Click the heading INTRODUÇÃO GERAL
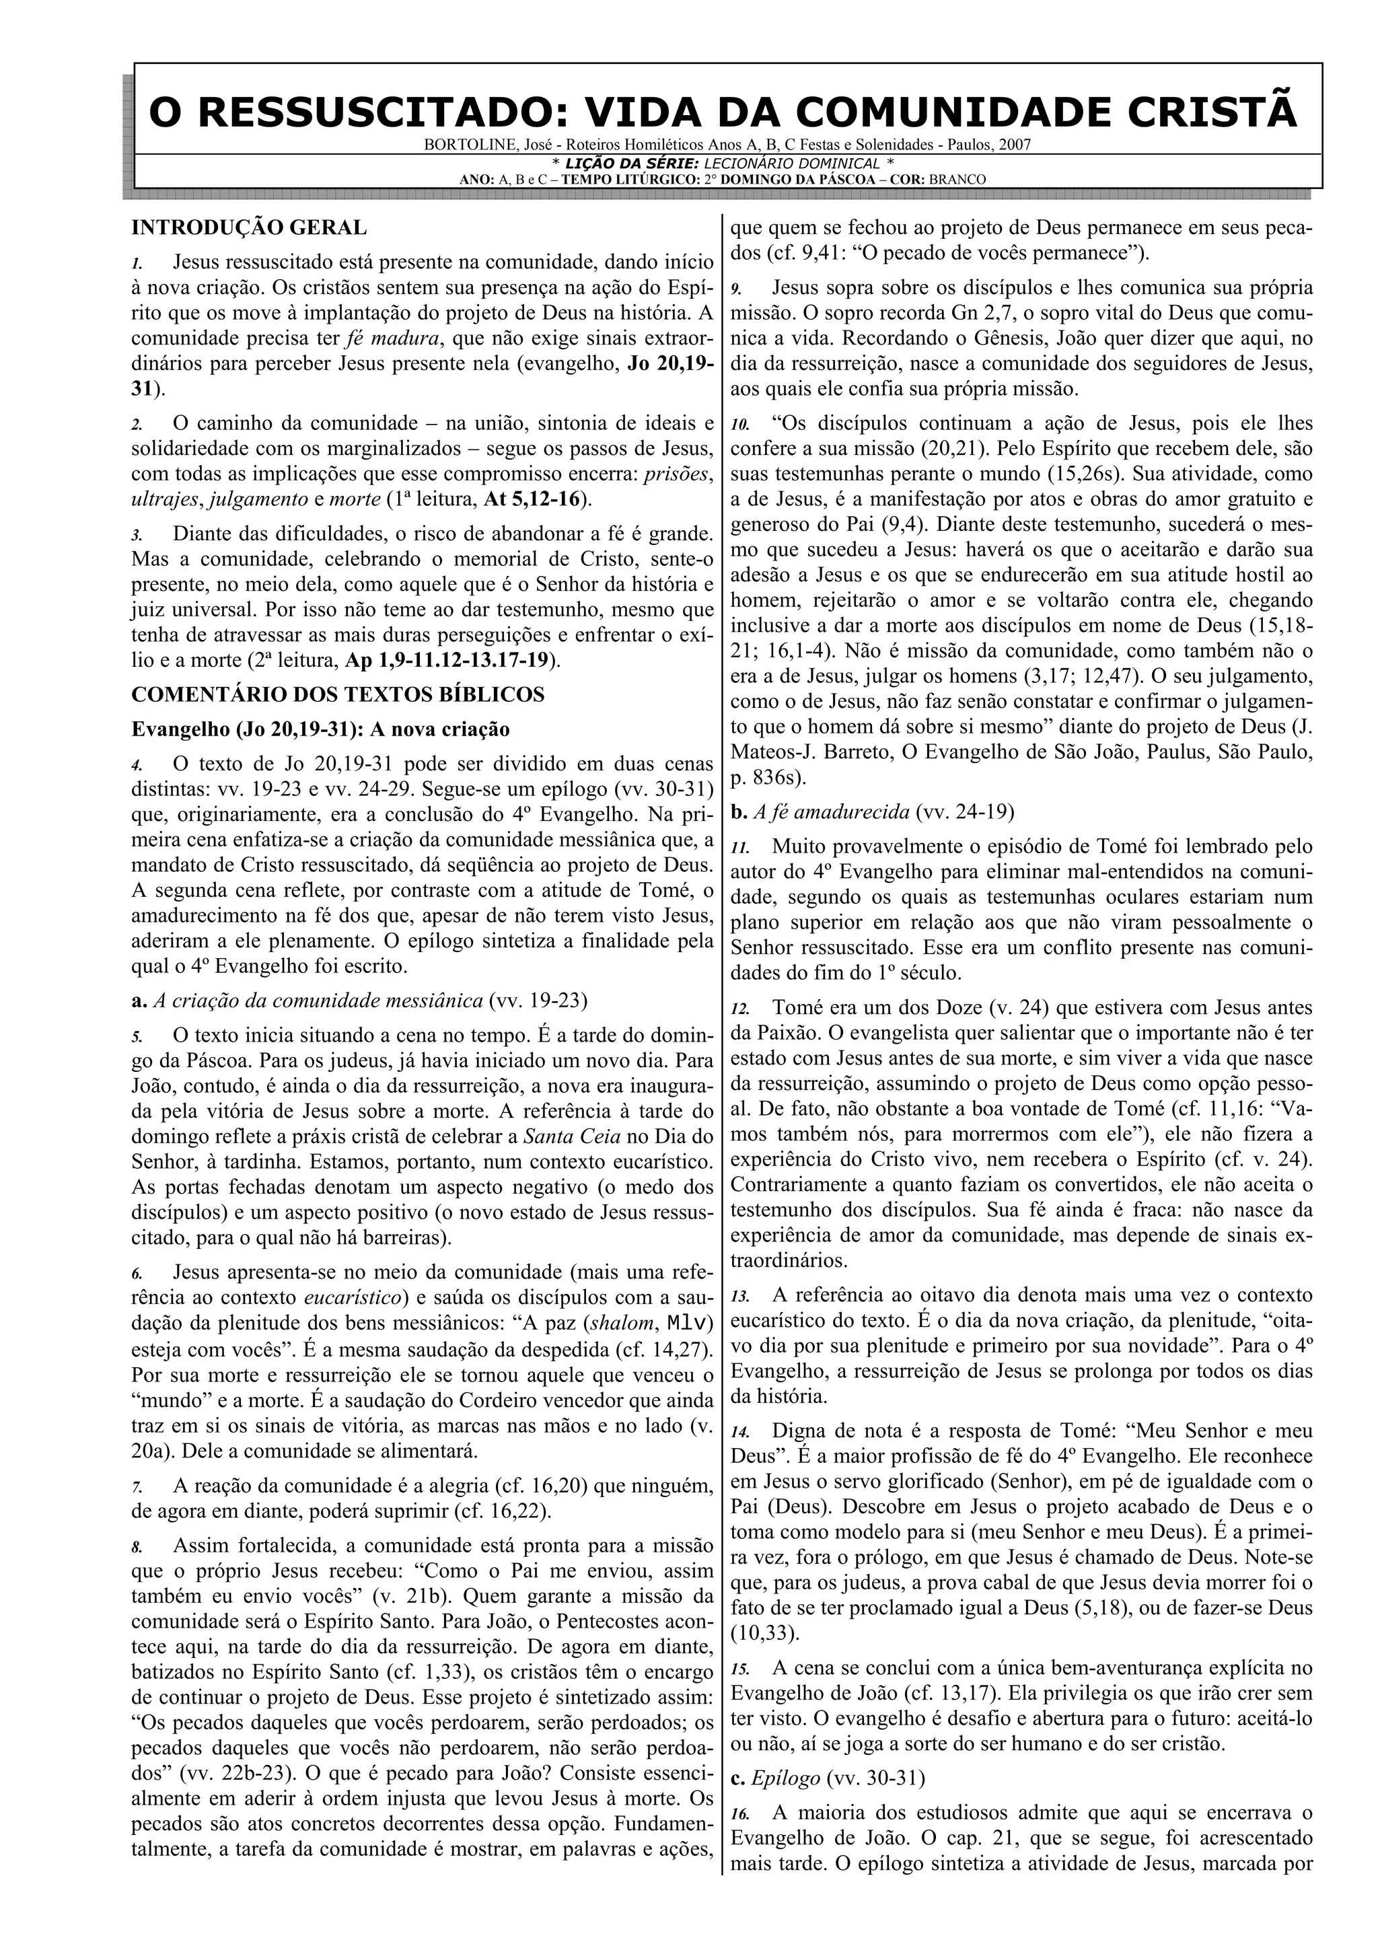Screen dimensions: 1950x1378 (249, 227)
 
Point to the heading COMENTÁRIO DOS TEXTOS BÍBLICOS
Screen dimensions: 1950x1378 (338, 694)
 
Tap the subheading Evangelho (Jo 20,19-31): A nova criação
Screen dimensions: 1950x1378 (320, 729)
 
